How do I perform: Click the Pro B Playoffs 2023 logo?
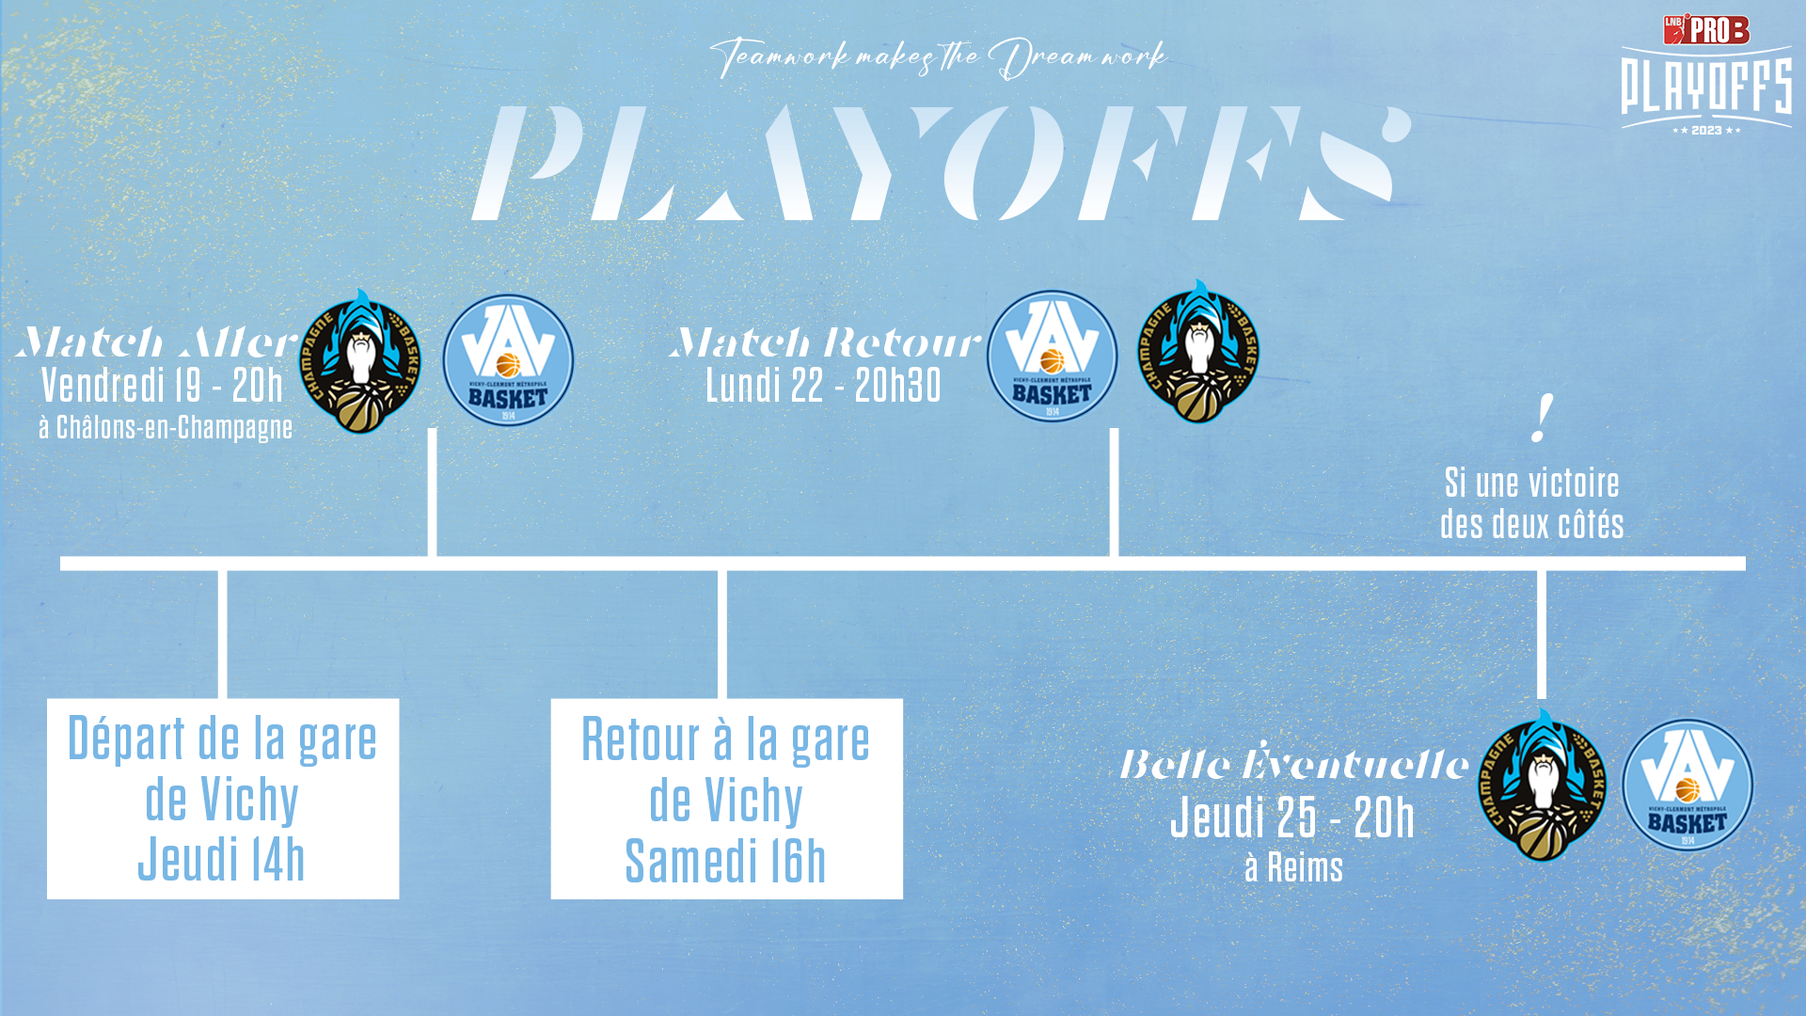[1706, 74]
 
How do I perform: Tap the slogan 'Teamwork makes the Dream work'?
[938, 57]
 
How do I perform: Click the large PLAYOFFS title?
[941, 163]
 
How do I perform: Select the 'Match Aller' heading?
[156, 342]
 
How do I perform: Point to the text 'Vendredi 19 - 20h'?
[162, 386]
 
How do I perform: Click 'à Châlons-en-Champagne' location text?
[166, 427]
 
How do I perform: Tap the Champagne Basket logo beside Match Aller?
[360, 361]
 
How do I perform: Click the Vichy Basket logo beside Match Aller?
[508, 360]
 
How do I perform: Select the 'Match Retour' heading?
[825, 342]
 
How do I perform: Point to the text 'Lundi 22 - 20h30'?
[823, 386]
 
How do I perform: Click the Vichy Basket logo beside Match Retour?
[1052, 357]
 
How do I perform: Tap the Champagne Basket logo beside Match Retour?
[1197, 352]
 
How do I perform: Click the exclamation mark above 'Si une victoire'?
[1541, 418]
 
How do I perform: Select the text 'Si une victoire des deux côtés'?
[1532, 503]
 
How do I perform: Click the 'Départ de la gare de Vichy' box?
[223, 799]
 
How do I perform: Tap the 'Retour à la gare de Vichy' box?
[726, 799]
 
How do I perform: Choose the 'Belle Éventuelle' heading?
[1293, 763]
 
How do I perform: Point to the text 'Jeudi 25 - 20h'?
[1292, 817]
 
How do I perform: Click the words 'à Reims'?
[1293, 867]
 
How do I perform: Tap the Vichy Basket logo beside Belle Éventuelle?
[1687, 786]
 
